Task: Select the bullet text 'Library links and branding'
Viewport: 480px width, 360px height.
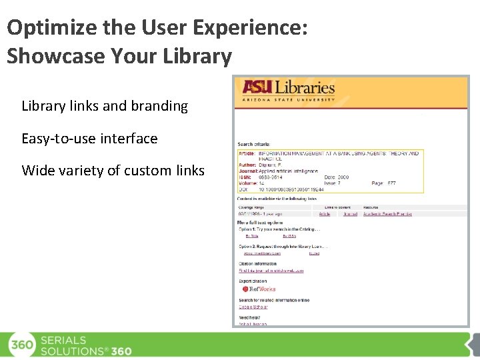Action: point(105,106)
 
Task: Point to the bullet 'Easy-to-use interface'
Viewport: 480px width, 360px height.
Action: point(89,139)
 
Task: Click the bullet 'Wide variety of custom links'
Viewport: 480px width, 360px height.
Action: point(113,171)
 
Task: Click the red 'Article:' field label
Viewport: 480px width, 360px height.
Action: point(247,153)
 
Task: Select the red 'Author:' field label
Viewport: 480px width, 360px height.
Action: point(247,165)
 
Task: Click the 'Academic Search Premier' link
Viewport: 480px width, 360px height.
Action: point(387,214)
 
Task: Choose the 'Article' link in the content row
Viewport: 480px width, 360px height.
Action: point(325,214)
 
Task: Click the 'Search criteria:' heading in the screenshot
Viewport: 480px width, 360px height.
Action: point(254,144)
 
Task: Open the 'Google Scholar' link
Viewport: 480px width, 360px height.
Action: point(253,307)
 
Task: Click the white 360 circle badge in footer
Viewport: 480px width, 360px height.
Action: point(22,345)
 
